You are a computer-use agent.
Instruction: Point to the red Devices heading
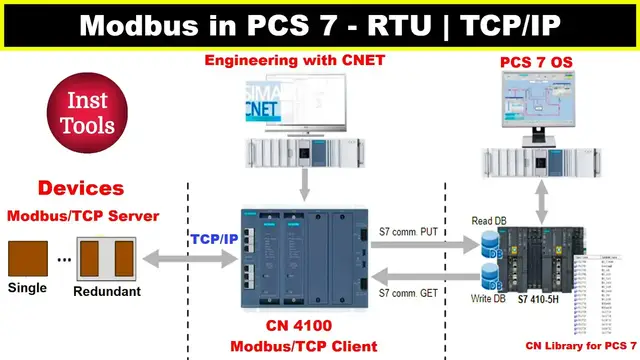(x=81, y=188)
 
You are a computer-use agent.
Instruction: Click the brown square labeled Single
(x=27, y=258)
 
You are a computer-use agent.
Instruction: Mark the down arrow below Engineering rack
(x=301, y=186)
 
